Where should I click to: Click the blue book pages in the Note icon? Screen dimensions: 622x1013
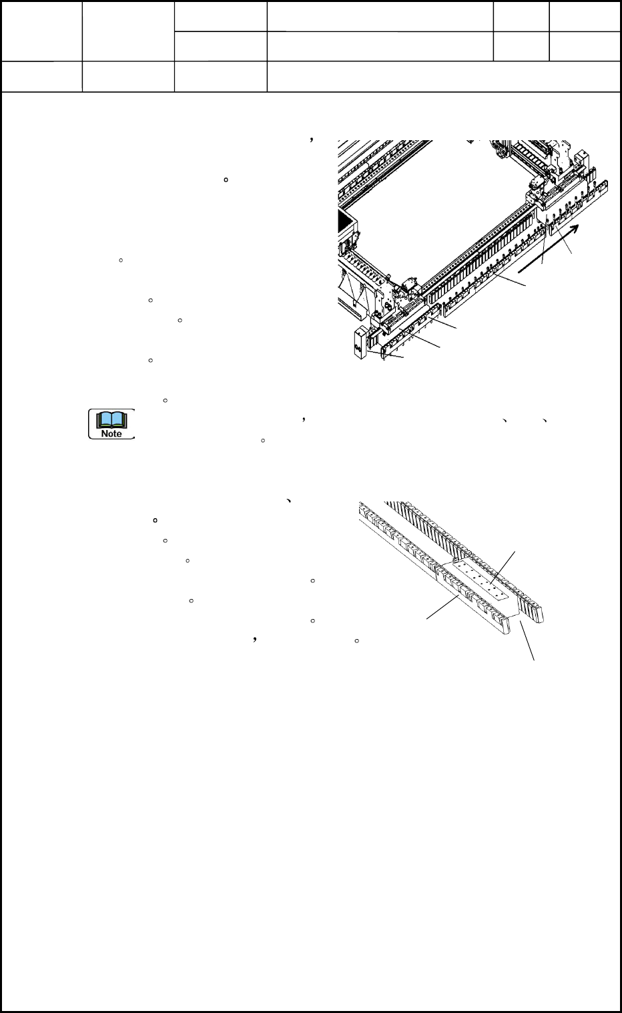pos(111,419)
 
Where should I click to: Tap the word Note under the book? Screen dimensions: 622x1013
pos(111,433)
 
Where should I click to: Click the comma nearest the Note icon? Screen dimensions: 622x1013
pos(303,420)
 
